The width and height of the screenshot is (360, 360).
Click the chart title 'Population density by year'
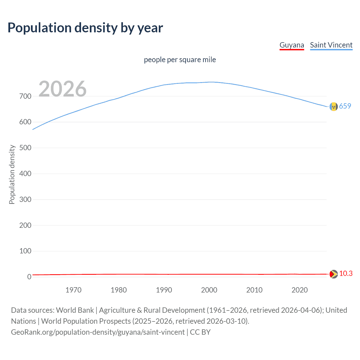point(85,28)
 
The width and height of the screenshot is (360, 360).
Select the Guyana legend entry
point(292,45)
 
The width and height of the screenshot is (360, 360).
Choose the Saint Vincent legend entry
point(331,45)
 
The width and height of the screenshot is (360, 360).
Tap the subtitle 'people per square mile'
point(180,60)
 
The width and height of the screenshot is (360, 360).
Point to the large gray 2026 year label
point(62,89)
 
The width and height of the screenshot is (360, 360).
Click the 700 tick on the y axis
point(25,96)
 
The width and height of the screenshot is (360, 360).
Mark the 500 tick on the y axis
point(25,148)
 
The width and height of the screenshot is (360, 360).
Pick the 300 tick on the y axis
point(25,199)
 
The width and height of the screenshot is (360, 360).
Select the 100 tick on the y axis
point(25,251)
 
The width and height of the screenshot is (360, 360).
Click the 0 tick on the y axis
point(29,277)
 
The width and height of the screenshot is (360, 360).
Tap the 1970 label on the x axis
point(73,290)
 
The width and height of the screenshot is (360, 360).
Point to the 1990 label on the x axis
point(164,290)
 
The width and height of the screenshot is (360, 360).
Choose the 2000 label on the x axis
point(209,290)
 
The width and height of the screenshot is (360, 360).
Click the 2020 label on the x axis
point(300,290)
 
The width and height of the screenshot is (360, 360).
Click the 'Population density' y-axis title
point(12,174)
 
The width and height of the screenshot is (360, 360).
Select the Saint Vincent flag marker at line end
point(334,107)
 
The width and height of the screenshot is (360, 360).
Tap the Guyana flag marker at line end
point(334,274)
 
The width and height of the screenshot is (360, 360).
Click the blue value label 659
point(345,106)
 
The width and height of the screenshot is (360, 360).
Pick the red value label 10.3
point(346,273)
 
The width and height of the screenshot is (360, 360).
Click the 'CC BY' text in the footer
point(200,332)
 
